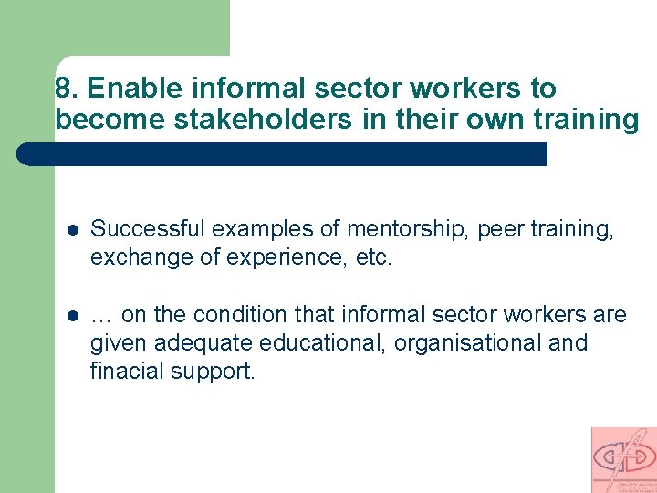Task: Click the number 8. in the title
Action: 67,89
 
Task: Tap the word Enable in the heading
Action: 129,89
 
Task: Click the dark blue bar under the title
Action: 283,153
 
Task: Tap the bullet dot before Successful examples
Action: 71,230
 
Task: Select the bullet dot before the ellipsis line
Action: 71,316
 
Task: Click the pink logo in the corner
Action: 623,459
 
